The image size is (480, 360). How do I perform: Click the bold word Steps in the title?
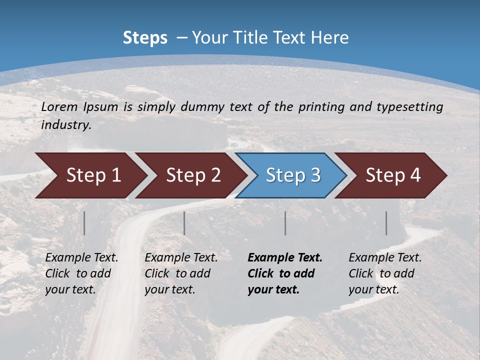[x=145, y=38]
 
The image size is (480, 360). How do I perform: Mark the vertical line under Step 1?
[x=84, y=223]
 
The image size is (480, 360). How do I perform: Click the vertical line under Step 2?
[x=184, y=223]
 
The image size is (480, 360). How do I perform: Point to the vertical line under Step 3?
[x=285, y=223]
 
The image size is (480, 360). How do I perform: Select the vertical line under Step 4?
[x=386, y=223]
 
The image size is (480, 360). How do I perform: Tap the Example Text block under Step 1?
[x=81, y=273]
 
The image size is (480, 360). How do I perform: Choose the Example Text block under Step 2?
[x=181, y=273]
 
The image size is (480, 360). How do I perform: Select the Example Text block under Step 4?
[x=385, y=273]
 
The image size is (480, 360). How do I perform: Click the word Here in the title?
[x=329, y=38]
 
